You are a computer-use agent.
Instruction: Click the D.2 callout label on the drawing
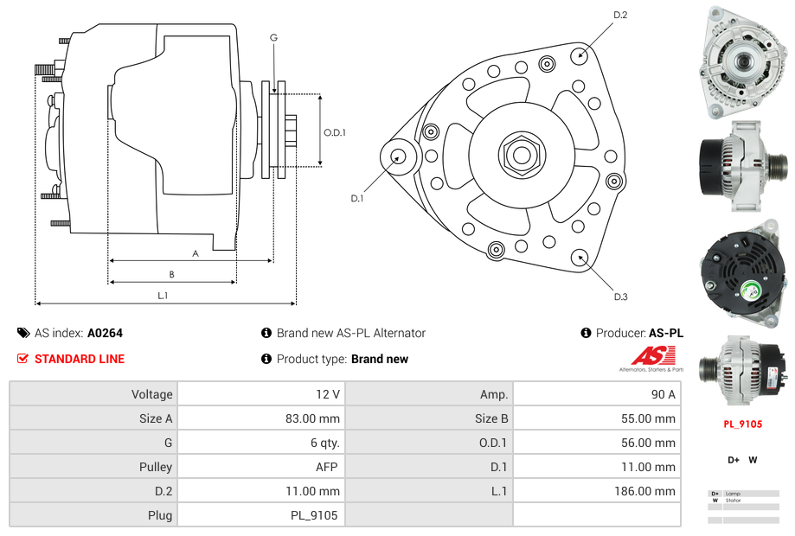coord(620,15)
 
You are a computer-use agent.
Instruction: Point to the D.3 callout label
coord(620,297)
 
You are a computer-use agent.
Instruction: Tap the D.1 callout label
coord(356,198)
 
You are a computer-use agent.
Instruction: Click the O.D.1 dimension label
coord(335,132)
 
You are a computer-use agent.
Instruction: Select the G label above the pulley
coord(273,37)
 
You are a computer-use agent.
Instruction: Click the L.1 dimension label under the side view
coord(163,296)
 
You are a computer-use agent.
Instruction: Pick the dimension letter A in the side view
coord(196,253)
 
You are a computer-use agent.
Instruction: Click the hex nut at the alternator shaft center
coord(521,156)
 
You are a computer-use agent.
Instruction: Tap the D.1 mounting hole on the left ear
coord(399,156)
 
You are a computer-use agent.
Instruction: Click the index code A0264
coord(106,333)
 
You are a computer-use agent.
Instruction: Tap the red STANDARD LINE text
coord(80,359)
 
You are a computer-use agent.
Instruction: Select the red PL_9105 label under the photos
coord(742,424)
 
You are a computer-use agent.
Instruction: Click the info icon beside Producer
coord(586,333)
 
